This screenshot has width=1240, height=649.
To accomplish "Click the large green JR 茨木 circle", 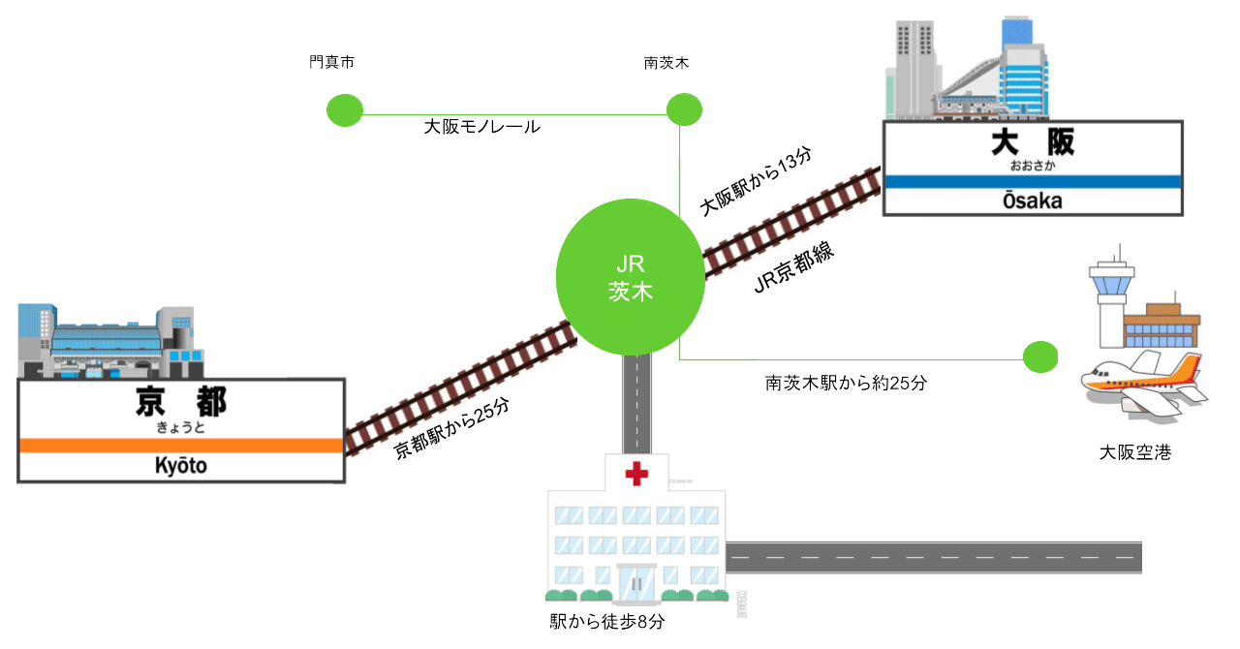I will click(x=631, y=277).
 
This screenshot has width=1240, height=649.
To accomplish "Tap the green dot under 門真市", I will click(x=344, y=110).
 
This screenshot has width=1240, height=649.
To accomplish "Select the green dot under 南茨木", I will click(x=683, y=108).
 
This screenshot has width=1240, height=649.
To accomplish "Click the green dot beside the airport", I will click(x=1040, y=356).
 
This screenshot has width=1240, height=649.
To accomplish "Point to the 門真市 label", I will click(x=331, y=63).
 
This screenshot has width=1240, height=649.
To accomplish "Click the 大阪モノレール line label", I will click(x=481, y=127).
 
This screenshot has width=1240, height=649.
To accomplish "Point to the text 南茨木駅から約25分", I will click(x=846, y=383).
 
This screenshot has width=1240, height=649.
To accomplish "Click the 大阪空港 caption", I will click(x=1134, y=452).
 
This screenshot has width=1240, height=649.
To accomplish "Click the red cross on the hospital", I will click(x=635, y=474).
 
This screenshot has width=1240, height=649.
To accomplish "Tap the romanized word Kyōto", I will click(x=181, y=467).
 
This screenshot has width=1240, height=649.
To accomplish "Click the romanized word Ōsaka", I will click(x=1032, y=201).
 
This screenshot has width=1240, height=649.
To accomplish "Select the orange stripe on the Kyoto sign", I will click(x=181, y=446).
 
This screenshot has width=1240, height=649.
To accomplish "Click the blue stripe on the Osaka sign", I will click(x=1032, y=181).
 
